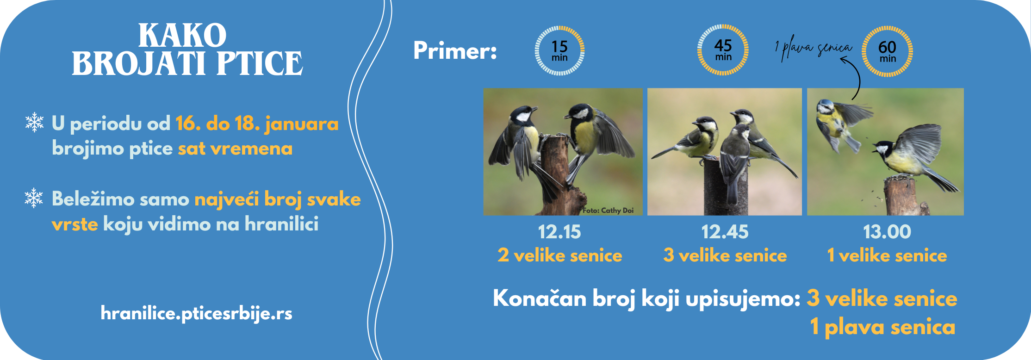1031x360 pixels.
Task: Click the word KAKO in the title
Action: pos(182,36)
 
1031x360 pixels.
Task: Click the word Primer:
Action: pos(455,50)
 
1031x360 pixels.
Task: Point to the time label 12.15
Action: pos(559,232)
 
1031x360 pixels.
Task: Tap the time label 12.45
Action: pos(724,232)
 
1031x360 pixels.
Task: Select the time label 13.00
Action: pos(887,232)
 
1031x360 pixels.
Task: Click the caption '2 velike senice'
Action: pos(559,255)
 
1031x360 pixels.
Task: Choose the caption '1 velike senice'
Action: pos(887,255)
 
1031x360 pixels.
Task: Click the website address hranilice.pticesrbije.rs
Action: pos(196,313)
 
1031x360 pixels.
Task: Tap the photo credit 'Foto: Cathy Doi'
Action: pos(608,210)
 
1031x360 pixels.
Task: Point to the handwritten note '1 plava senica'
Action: pos(813,48)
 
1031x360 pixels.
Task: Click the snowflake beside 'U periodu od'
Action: pos(34,122)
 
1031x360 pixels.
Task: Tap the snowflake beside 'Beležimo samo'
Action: pos(34,198)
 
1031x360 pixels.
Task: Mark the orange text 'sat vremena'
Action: pos(235,149)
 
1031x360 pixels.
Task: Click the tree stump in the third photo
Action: pos(902,196)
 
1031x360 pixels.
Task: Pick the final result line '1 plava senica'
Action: pos(882,327)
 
